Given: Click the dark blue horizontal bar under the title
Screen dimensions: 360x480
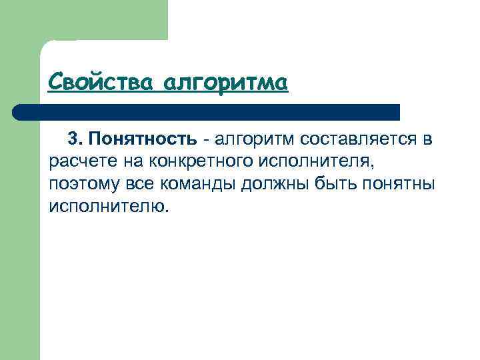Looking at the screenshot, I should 213,112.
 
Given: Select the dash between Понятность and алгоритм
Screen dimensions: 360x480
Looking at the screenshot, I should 207,140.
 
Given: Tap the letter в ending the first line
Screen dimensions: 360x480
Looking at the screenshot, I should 427,139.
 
